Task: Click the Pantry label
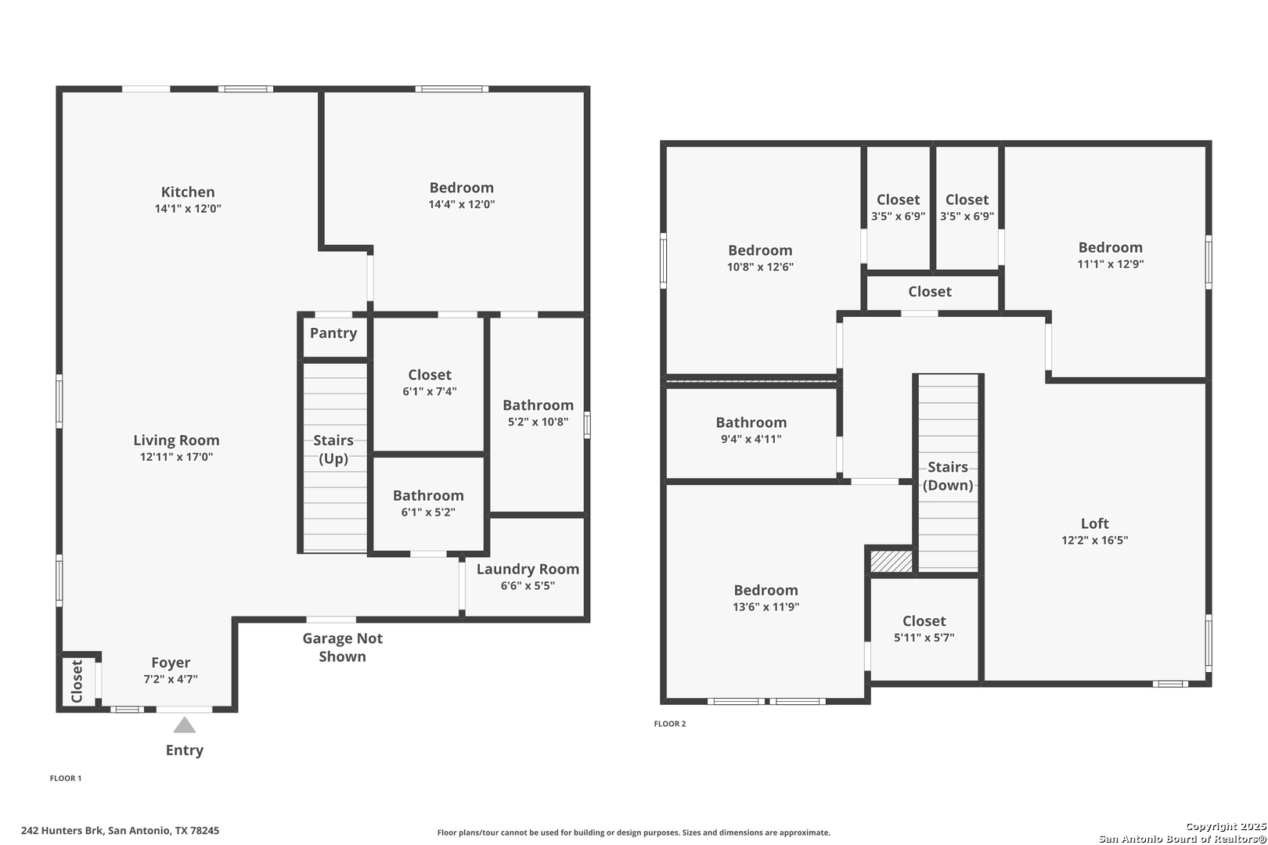[333, 333]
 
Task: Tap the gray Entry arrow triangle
[185, 725]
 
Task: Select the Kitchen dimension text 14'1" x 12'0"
[188, 208]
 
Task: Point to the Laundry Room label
[528, 569]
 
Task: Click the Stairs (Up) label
[333, 449]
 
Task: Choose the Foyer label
[171, 663]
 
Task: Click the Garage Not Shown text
[343, 647]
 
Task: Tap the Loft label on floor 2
[1095, 523]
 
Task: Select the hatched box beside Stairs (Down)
[892, 561]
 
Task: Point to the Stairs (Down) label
[948, 476]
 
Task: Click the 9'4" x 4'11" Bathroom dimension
[751, 439]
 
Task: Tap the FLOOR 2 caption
[670, 724]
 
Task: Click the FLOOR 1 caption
[66, 778]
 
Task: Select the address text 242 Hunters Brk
[63, 830]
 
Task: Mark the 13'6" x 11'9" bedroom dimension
[766, 606]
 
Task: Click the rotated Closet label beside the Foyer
[77, 681]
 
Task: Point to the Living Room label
[177, 440]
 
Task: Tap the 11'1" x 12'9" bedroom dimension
[1111, 264]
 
